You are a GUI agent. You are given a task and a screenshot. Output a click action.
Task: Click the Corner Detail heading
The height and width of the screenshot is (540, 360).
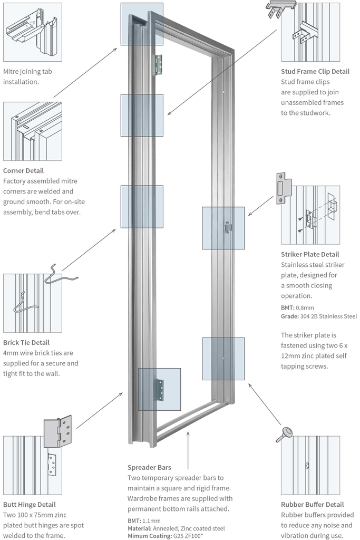point(23,171)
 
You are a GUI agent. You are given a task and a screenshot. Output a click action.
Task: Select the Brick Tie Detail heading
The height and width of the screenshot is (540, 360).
point(26,342)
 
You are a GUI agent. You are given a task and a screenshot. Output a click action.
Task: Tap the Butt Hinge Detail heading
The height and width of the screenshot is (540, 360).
point(29,505)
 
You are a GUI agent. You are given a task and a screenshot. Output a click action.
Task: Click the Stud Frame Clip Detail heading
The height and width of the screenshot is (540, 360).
point(315,72)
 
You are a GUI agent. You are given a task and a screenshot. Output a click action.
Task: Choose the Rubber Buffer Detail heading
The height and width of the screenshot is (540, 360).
point(312,505)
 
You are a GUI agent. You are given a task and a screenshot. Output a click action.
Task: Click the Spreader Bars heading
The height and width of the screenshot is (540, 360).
point(149,467)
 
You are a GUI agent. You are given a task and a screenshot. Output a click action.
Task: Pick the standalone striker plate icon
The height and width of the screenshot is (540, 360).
point(284,187)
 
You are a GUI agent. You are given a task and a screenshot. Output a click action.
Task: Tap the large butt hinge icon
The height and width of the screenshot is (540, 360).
point(57,430)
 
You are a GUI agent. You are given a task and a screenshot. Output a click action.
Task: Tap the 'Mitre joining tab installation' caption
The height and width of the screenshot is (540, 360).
point(28,77)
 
